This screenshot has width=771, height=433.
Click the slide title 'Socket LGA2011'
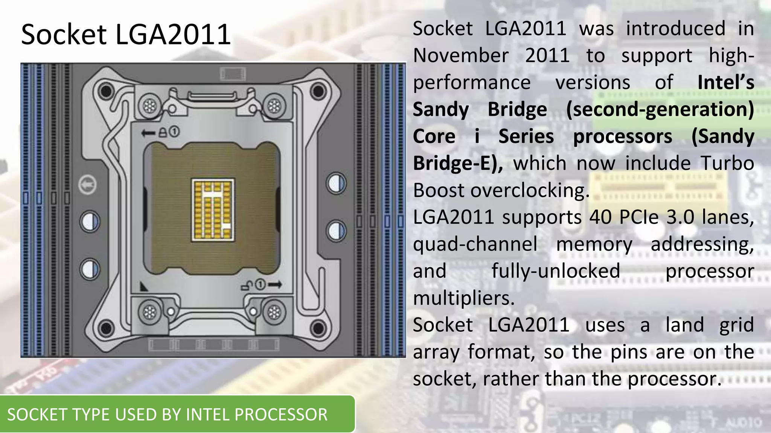tap(126, 34)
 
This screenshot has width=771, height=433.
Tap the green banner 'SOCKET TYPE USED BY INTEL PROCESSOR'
tap(167, 414)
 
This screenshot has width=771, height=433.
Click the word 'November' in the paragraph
tap(461, 56)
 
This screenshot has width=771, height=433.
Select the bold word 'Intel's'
tap(725, 82)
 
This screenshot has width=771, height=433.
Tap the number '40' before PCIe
tap(600, 217)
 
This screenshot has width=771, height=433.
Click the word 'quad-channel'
tap(475, 244)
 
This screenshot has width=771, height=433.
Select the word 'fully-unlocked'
tap(556, 271)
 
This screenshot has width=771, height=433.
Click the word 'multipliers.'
tap(463, 298)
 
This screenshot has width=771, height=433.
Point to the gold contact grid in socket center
tap(213, 210)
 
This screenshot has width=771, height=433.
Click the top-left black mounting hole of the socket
tap(106, 91)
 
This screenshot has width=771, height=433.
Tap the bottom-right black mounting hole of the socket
tap(318, 328)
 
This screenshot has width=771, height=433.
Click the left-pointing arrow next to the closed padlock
tap(148, 133)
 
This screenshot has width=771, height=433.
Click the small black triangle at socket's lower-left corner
tap(143, 287)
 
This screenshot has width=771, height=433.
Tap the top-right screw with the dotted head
tap(274, 106)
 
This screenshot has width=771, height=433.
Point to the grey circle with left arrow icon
tap(87, 185)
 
